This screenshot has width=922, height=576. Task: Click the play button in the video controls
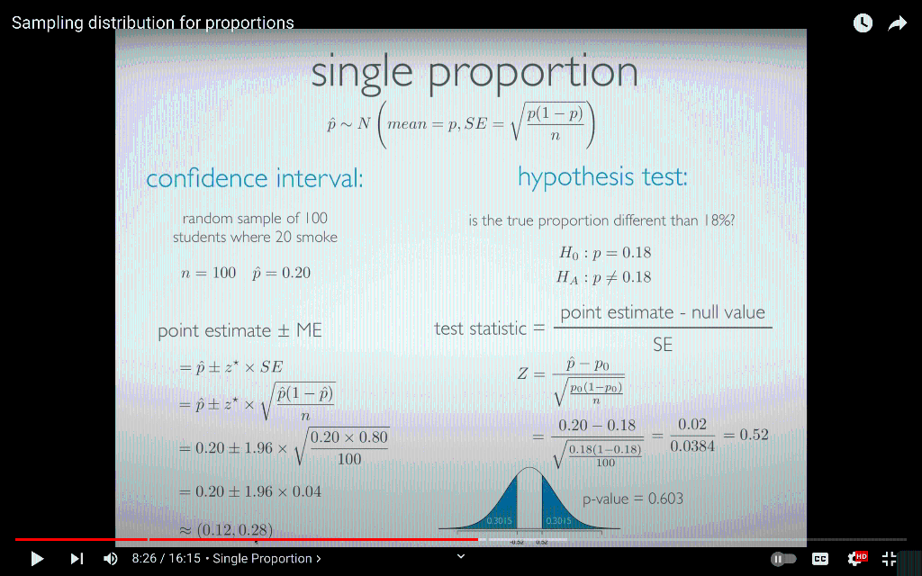(37, 559)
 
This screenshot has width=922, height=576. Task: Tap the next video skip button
(77, 559)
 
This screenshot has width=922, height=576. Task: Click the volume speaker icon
(111, 559)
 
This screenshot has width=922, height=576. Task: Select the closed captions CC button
(820, 559)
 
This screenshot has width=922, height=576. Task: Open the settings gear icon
(855, 559)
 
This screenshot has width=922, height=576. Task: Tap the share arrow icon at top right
(897, 24)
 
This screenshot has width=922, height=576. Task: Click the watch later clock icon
(863, 24)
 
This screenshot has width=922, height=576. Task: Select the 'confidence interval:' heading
(255, 179)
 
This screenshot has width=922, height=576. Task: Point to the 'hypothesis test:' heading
(602, 177)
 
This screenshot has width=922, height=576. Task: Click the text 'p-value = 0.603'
(633, 499)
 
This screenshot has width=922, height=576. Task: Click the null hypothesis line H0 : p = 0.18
(605, 253)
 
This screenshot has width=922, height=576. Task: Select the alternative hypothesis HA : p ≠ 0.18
(604, 277)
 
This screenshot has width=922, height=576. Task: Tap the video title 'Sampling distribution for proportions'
(153, 23)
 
